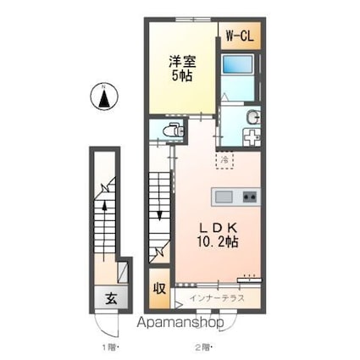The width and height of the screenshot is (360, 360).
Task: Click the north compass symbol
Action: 103,97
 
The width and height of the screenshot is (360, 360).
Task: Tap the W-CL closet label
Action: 240,36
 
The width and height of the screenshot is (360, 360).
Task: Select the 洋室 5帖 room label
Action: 182,69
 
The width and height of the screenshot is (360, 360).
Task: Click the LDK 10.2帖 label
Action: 218,235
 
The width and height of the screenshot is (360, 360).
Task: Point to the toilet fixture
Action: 173,130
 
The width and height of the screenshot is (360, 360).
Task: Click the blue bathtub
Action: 237,64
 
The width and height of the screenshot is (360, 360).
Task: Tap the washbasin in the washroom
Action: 253,117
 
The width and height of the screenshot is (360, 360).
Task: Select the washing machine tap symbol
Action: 252,137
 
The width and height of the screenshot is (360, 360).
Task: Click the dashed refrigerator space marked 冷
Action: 224,160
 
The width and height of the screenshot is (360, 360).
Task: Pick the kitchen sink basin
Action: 224,197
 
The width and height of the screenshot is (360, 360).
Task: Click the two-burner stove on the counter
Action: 250,197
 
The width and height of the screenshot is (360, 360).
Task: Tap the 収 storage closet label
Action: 159,289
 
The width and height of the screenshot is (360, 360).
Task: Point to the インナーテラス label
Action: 217,298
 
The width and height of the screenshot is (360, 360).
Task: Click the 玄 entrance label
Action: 111,299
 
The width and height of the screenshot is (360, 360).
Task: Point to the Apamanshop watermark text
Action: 180,323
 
